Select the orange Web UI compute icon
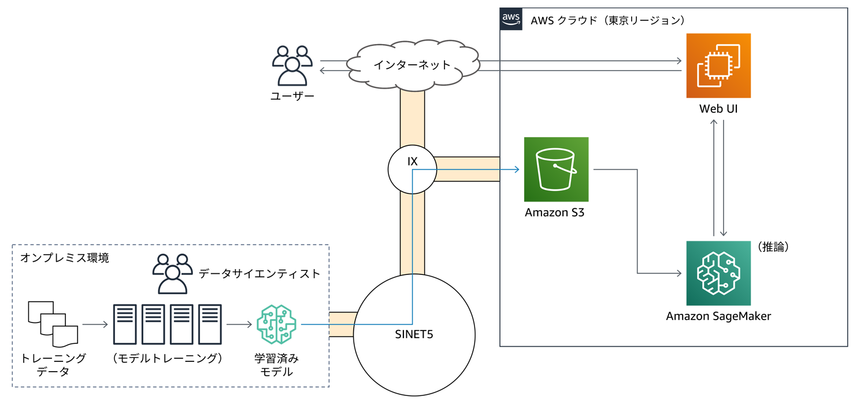click(x=718, y=65)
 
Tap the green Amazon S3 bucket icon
click(x=556, y=169)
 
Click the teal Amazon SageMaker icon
click(x=718, y=273)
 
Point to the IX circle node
click(x=412, y=168)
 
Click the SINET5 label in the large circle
click(x=414, y=334)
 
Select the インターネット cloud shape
click(x=412, y=65)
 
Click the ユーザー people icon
click(x=292, y=65)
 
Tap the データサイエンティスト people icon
click(x=172, y=273)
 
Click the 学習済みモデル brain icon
click(x=276, y=324)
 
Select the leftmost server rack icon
click(x=125, y=324)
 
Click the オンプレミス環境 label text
click(x=64, y=258)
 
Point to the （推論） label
click(x=773, y=247)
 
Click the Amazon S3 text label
click(x=554, y=212)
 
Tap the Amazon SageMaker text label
click(x=718, y=316)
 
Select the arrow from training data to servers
click(x=95, y=324)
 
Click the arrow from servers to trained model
click(x=239, y=324)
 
